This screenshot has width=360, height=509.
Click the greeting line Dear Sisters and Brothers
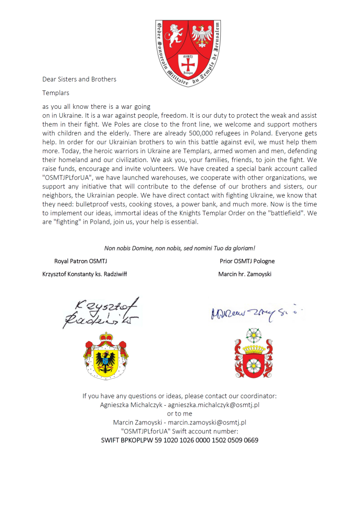[80, 79]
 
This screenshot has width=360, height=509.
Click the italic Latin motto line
[180, 248]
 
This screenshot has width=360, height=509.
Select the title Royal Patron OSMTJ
[81, 261]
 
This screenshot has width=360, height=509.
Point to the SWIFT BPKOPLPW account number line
[180, 440]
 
